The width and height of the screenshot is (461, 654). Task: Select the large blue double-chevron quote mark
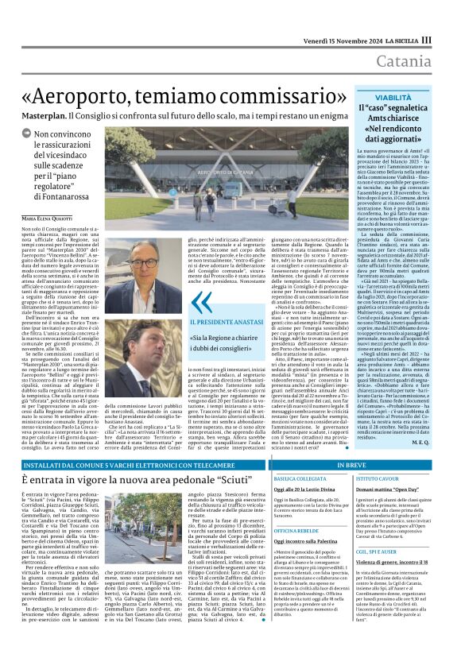coord(204,301)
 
